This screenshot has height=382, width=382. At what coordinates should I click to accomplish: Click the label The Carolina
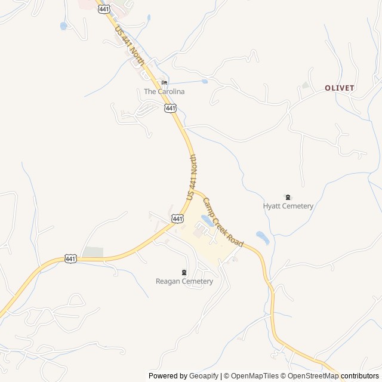click(x=164, y=92)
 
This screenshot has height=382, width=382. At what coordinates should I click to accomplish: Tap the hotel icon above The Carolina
click(x=164, y=83)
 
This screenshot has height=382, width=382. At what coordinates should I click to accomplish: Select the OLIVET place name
click(x=340, y=88)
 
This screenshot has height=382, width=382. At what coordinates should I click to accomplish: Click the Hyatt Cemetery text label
click(x=288, y=206)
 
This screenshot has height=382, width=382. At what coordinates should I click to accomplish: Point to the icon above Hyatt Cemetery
click(x=288, y=197)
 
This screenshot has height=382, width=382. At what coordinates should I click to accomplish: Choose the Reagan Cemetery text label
click(x=184, y=281)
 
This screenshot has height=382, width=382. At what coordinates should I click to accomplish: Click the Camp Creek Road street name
click(x=223, y=223)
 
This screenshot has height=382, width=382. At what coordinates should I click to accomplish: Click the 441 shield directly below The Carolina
click(x=171, y=107)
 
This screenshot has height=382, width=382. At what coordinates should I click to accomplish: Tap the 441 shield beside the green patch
click(x=70, y=258)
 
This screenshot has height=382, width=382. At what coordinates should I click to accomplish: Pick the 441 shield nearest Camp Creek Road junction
click(x=177, y=219)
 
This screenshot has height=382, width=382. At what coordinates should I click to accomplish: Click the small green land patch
click(x=93, y=252)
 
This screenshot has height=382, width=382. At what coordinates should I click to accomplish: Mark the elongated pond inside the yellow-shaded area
click(x=207, y=221)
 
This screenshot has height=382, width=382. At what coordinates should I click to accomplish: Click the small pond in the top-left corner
click(x=63, y=26)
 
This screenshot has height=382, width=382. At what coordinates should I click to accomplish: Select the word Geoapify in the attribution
click(x=204, y=376)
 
